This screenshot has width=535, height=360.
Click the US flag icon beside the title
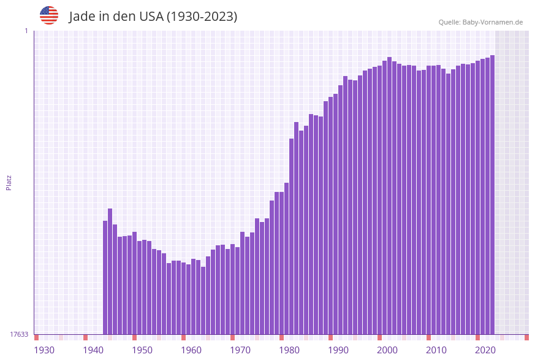click(x=49, y=15)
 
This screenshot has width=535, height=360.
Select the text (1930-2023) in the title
click(x=202, y=17)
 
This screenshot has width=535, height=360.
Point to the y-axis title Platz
click(x=9, y=183)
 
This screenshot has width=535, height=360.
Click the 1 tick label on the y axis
click(x=26, y=31)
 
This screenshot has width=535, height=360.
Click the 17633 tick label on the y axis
click(x=18, y=334)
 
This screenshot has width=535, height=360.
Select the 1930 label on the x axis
click(x=44, y=350)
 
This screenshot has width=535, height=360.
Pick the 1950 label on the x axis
click(x=142, y=350)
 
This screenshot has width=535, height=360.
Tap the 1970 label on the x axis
click(x=240, y=350)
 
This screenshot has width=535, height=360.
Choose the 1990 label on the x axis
click(x=338, y=350)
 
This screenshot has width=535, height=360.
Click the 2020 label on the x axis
click(x=485, y=350)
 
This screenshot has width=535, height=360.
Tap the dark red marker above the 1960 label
click(x=183, y=337)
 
